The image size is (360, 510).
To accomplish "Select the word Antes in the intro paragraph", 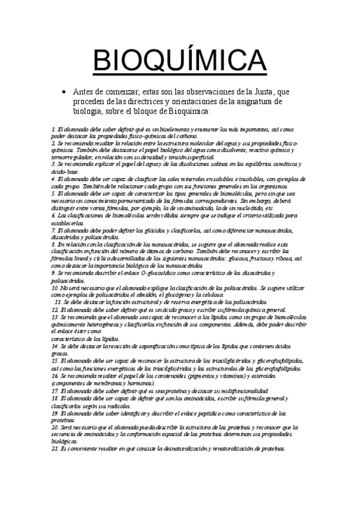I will click(x=84, y=91).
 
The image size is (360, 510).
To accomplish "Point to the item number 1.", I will click(x=53, y=129).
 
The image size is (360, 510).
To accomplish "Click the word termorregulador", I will click(x=70, y=156).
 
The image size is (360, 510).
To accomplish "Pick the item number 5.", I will click(x=53, y=194).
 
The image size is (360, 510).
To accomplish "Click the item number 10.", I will click(x=55, y=289).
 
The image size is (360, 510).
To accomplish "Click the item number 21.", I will click(x=55, y=449).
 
